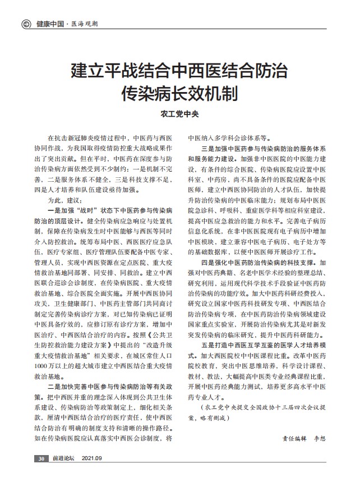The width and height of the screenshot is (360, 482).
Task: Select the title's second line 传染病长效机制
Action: click(180, 93)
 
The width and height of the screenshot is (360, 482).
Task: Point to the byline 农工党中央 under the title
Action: click(179, 113)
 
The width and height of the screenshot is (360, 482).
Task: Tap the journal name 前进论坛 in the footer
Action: click(63, 458)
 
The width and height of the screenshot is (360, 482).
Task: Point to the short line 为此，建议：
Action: click(66, 200)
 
